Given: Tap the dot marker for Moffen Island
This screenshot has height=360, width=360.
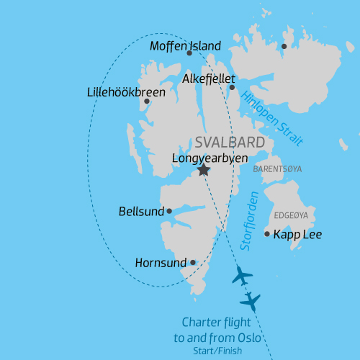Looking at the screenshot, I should (x=189, y=53).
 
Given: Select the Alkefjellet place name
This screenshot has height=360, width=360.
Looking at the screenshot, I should (x=211, y=77).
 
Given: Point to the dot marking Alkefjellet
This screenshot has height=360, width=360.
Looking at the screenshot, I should (x=232, y=87).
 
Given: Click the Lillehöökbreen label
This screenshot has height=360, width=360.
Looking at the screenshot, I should (x=126, y=93).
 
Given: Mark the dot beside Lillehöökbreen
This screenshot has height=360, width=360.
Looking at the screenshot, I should (x=147, y=101).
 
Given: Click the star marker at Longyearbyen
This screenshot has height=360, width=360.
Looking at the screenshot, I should (x=204, y=170).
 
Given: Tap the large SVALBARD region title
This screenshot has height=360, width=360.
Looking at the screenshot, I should (x=230, y=142).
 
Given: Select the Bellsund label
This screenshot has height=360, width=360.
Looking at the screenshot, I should (x=142, y=212).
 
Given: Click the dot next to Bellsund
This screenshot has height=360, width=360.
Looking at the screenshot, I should (x=169, y=211).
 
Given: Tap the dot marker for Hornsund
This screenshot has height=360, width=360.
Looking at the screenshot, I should (x=193, y=262).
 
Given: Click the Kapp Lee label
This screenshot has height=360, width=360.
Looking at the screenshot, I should (x=297, y=235).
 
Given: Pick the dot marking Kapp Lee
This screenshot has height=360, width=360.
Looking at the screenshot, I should (x=267, y=234).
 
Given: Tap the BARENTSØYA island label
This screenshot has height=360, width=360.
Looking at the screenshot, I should (x=277, y=169).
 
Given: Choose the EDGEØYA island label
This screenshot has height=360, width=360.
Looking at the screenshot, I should (x=292, y=215).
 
